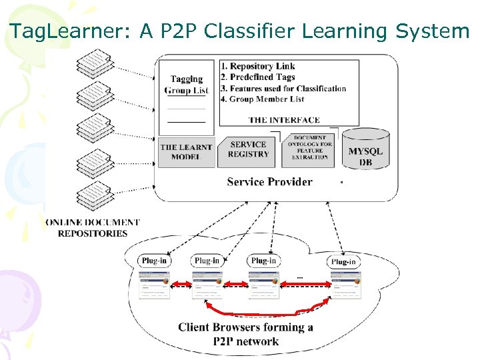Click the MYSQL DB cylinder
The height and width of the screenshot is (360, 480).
tap(365, 151)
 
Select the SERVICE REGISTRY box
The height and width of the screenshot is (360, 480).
tap(249, 149)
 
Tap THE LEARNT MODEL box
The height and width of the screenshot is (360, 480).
tap(187, 153)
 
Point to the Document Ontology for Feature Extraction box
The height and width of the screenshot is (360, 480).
tap(309, 149)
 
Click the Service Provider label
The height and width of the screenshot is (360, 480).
tap(269, 181)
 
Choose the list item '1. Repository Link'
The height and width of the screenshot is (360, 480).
tap(257, 66)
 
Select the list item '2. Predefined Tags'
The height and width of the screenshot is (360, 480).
tap(257, 77)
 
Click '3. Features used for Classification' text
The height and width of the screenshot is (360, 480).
tap(283, 88)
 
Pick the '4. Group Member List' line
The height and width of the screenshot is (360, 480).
tap(262, 99)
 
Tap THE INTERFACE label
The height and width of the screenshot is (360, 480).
tap(284, 120)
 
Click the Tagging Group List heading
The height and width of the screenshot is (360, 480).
tap(187, 85)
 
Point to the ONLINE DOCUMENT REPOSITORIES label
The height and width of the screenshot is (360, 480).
tap(93, 227)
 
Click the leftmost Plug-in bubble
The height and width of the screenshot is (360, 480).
tap(154, 261)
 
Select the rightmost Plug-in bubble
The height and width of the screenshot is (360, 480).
tap(343, 261)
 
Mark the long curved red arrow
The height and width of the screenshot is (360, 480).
tap(267, 313)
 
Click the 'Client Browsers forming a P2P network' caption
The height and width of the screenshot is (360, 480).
tap(245, 334)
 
